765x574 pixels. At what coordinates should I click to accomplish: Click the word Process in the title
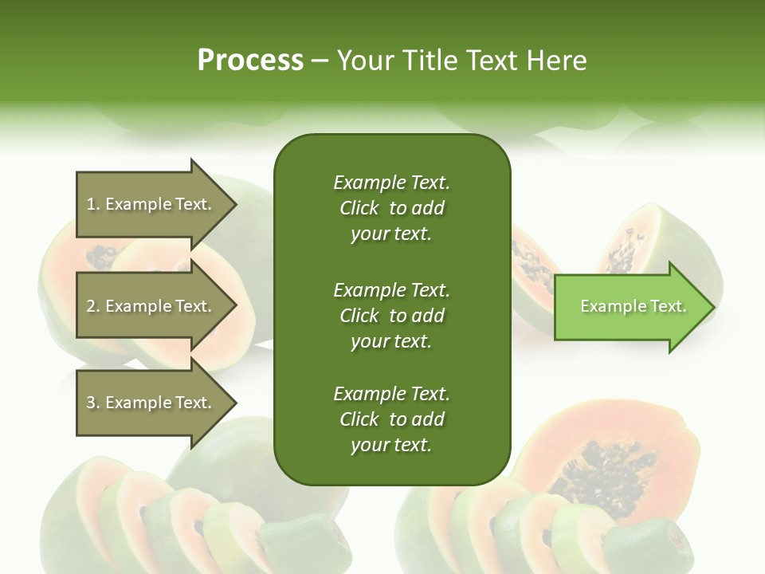(250, 60)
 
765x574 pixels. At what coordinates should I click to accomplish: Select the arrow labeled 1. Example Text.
(151, 204)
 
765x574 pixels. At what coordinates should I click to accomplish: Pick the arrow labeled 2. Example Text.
(151, 306)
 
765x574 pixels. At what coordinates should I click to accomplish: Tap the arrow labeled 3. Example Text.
(151, 403)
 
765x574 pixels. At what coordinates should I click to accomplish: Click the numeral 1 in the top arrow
(91, 204)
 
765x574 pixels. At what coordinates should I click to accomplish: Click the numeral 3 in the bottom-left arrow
(91, 403)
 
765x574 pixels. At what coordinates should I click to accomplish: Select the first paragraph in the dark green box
(391, 208)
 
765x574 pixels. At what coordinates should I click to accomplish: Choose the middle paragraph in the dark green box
(391, 315)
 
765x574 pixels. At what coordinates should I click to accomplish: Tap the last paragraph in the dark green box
(391, 419)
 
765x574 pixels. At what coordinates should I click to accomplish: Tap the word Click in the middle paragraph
(359, 315)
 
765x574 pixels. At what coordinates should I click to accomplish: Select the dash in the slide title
(320, 61)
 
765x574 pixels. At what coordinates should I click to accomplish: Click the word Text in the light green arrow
(669, 306)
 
